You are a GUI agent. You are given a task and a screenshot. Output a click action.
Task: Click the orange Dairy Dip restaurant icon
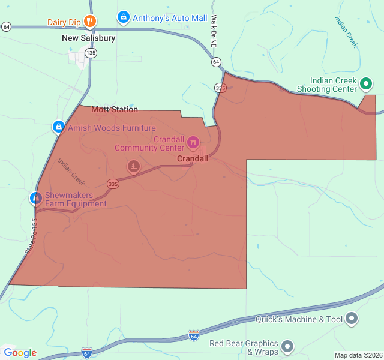[90, 22]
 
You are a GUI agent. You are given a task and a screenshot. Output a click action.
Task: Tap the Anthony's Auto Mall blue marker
[123, 18]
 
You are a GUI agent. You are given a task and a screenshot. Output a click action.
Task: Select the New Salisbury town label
[88, 38]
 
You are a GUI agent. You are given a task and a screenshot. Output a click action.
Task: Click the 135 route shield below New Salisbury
[91, 53]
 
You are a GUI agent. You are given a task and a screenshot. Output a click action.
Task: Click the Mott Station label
[115, 109]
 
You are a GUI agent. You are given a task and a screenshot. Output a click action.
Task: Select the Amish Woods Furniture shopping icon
[58, 127]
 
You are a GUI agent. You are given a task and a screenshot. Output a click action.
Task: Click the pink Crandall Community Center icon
[193, 142]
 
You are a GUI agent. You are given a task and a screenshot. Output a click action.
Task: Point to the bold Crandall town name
[193, 158]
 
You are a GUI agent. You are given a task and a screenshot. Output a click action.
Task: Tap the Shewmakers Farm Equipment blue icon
[36, 198]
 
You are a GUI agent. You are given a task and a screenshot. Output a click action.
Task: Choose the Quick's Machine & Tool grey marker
[352, 319]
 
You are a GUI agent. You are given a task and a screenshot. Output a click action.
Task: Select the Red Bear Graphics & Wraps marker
[288, 346]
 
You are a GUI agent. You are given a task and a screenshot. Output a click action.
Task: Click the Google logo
[20, 353]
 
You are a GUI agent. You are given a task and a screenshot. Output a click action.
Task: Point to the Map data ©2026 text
[358, 355]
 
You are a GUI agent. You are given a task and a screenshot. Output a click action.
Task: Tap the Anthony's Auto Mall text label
[170, 18]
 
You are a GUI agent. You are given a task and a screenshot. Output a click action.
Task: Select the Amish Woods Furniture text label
[112, 128]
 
